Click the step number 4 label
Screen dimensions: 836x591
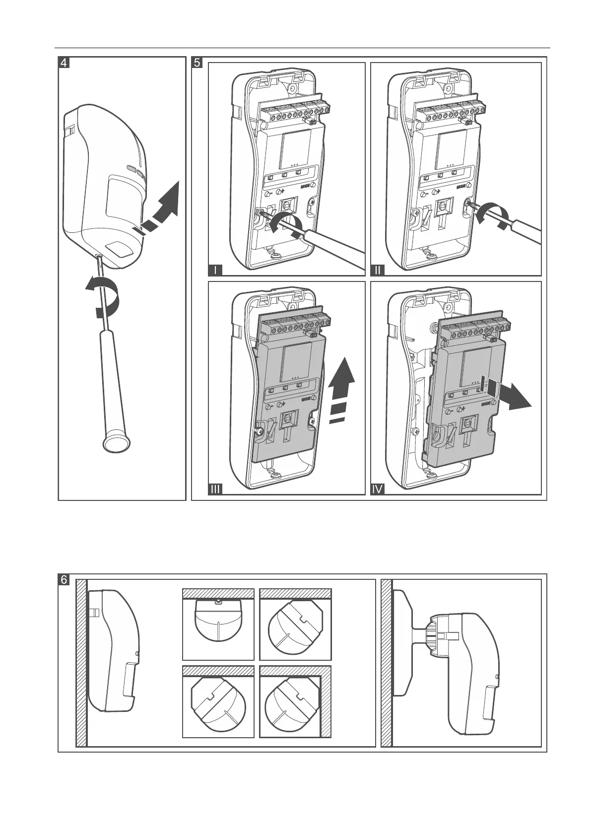64,63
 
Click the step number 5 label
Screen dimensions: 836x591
197,63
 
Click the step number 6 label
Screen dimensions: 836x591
64,579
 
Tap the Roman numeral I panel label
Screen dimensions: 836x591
215,271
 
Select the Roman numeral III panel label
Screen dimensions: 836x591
215,489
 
